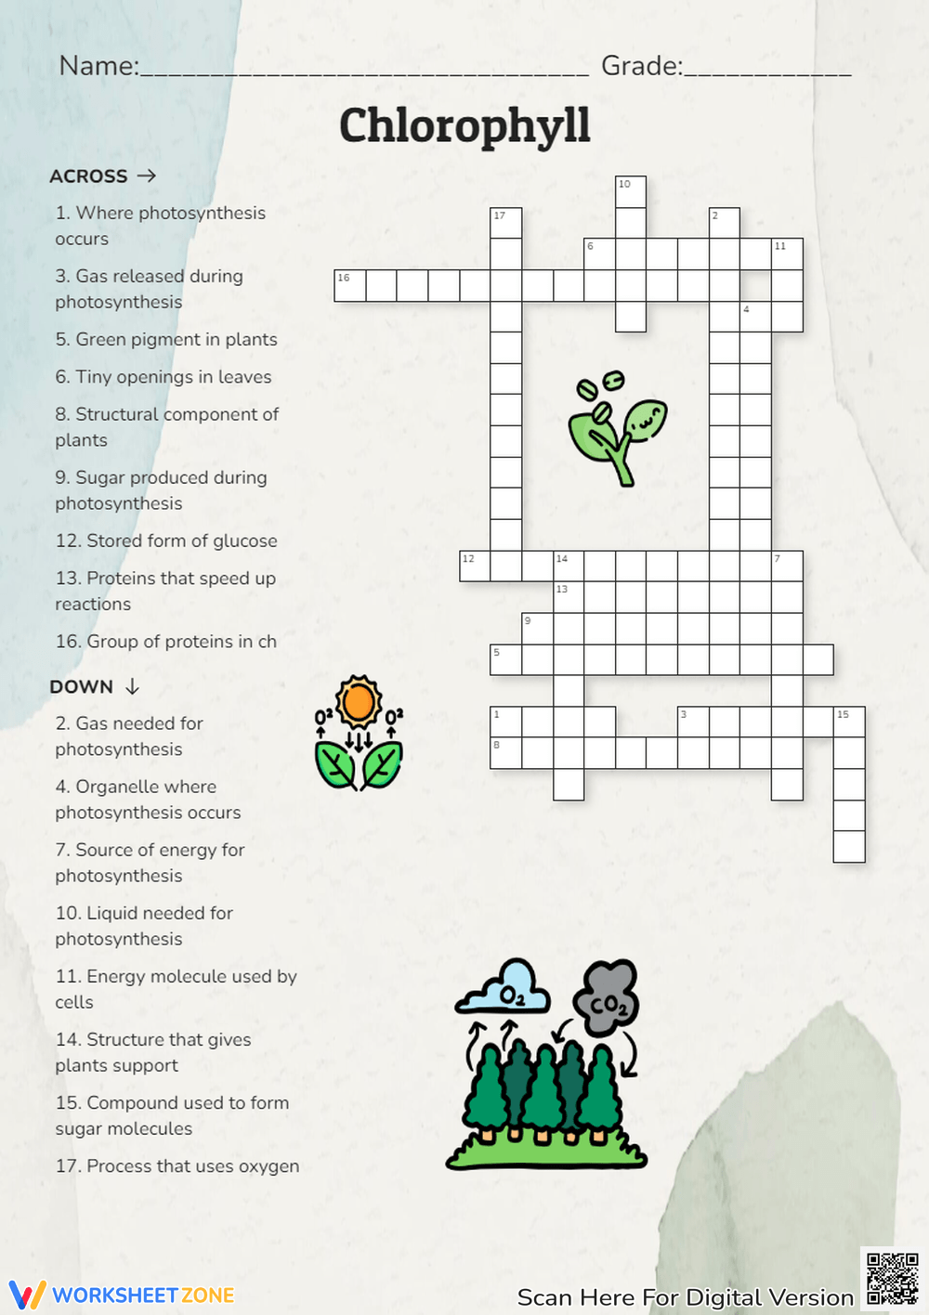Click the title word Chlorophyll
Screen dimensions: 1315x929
(464, 126)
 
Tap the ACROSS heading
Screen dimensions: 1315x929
(89, 176)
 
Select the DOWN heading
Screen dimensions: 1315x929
(82, 687)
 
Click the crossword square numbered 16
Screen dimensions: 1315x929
(350, 286)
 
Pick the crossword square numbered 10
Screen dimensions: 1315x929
(631, 192)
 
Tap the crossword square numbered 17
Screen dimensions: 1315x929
(506, 224)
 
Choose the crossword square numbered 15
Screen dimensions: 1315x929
(849, 723)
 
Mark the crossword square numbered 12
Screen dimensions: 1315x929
(475, 566)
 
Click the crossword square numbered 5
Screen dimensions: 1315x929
(506, 659)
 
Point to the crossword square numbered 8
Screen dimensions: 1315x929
(506, 753)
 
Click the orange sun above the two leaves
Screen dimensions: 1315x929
(359, 703)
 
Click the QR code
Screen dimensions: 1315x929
(892, 1279)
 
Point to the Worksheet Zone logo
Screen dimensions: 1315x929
(122, 1295)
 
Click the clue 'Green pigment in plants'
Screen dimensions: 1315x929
(166, 340)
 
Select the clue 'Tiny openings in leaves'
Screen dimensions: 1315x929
(164, 377)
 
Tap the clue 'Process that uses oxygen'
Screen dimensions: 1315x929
(177, 1166)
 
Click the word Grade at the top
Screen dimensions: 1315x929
(641, 66)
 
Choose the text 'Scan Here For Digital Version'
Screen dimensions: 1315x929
(685, 1297)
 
